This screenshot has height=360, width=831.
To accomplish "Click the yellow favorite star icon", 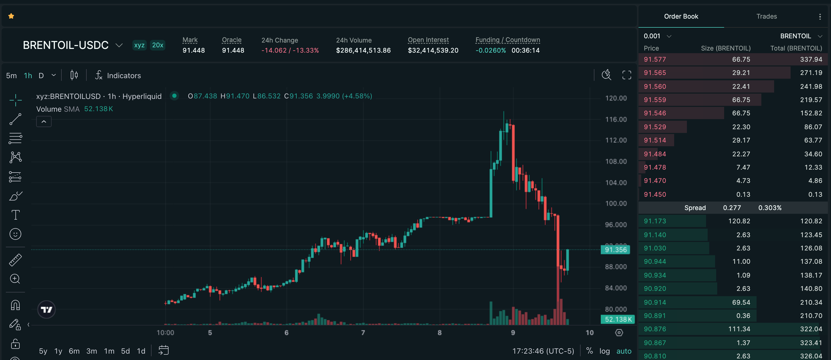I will pos(11,16).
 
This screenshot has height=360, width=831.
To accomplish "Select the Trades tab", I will pos(766,16).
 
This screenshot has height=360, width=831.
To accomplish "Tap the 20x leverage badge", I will pos(157,45).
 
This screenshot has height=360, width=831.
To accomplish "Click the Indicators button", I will pos(118,76).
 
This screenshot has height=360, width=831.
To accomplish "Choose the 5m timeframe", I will pos(11,76).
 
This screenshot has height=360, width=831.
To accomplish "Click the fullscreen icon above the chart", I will pos(627,75).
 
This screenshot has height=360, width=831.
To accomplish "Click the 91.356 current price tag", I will pos(615,250).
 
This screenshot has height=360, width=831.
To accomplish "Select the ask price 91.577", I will pos(655,59).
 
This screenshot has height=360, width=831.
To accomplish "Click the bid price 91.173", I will pos(655,221).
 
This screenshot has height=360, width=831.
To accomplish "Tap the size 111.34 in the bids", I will pos(739,329).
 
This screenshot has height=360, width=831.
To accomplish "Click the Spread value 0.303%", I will pos(770,208).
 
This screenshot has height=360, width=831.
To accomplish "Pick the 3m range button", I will pos(92,351).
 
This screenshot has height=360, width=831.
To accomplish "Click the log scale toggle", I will pos(605,351).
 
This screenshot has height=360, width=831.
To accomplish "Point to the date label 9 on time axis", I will pos(513,333).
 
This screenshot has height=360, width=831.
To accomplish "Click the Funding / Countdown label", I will pos(507,40).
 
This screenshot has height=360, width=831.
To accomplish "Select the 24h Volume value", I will pos(363,50).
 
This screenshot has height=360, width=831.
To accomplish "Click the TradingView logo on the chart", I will pos(47,310).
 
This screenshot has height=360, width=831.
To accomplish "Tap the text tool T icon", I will pos(15,215).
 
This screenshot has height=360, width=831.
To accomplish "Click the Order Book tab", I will pos(681,16).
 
